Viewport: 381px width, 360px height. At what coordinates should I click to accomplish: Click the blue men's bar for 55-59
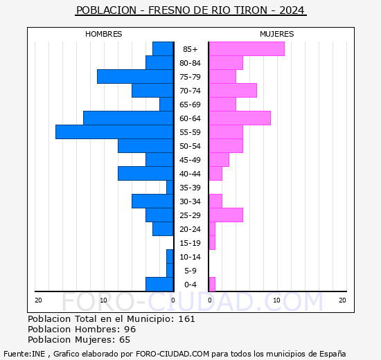point(114,132)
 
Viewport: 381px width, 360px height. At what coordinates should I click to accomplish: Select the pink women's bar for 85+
point(247,49)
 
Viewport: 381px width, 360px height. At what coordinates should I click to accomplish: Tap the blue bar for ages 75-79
point(135,77)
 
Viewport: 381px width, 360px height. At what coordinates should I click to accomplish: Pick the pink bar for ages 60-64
point(240,118)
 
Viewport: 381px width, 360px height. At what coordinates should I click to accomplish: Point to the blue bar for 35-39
point(170,188)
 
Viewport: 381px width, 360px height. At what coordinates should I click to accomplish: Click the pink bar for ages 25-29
point(226,215)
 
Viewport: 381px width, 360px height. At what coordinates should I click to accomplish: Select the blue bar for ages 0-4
point(159,285)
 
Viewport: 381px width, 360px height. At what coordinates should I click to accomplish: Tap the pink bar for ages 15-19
point(212,243)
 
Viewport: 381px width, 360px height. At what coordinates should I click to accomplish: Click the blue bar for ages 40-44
point(145,174)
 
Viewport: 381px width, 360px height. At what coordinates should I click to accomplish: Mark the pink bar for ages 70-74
point(233,91)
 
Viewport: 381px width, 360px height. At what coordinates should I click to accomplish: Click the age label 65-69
point(190,105)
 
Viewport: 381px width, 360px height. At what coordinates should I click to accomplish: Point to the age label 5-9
point(190,271)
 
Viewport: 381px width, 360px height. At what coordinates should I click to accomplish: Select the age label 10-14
point(190,257)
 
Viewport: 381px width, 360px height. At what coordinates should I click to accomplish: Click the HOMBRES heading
point(103,34)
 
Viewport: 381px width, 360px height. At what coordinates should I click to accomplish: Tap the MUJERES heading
point(277,34)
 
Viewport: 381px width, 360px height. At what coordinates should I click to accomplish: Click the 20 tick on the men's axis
point(38,300)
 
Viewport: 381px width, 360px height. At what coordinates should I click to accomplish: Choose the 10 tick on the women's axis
point(277,300)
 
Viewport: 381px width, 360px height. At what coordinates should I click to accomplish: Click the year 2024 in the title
point(292,10)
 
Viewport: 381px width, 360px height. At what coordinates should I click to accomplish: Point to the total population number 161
point(186,318)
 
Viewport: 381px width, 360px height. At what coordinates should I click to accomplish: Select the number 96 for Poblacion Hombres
point(130,329)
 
